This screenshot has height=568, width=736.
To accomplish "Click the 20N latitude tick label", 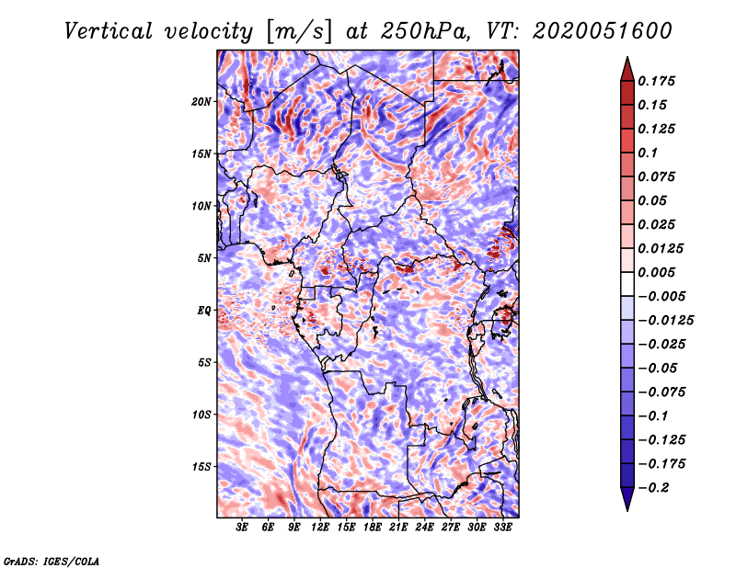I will (201, 101).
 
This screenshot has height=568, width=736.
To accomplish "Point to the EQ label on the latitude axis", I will (204, 311).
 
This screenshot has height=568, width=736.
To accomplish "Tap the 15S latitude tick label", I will (201, 467).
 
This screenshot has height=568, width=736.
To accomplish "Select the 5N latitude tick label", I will (204, 258).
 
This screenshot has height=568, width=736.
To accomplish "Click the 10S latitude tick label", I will (201, 415).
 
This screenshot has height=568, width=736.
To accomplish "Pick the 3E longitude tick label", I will (243, 528).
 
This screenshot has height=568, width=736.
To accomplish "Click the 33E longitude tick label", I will (502, 528).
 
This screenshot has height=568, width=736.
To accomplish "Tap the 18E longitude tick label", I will (373, 528).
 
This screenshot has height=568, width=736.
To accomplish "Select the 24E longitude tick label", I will (425, 528).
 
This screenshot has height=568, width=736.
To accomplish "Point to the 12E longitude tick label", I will (321, 528).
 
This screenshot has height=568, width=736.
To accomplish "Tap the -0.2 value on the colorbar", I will (655, 487).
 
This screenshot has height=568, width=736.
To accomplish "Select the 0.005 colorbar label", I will (659, 273).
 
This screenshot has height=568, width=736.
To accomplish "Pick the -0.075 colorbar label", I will (662, 392).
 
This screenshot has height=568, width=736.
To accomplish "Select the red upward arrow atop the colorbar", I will (627, 67).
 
